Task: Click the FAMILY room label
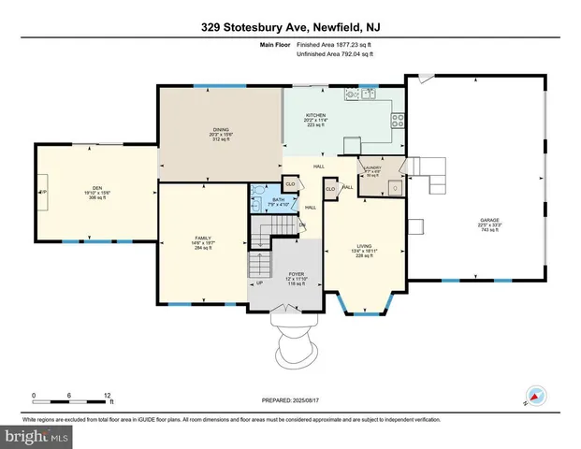203,238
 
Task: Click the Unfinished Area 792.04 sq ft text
334,54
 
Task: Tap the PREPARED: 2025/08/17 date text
290,400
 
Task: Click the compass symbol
536,397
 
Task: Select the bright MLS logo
35,436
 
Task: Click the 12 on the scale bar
109,394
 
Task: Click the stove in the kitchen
398,119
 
